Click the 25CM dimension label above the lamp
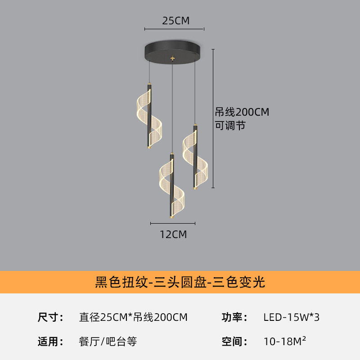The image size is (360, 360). point(176,21)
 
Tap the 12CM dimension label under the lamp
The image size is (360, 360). point(173,234)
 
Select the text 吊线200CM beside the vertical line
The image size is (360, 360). point(242,112)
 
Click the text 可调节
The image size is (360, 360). point(230,126)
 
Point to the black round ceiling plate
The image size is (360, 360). point(172,52)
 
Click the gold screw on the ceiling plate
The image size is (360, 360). point(172,58)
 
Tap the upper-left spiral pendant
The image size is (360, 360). point(149,117)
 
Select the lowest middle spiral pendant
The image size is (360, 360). point(172,186)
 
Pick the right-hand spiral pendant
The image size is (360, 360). point(195,157)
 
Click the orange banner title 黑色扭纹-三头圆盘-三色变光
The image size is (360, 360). point(180,282)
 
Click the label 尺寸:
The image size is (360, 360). point(50,317)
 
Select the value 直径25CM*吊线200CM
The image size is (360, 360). point(133,317)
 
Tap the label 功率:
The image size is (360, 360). point(234,317)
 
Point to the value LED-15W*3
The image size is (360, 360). point(291,317)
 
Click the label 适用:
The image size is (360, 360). point(50,342)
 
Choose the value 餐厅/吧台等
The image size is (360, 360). point(108,342)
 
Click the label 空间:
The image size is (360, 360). point(234,342)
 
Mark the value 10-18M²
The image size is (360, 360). point(285,341)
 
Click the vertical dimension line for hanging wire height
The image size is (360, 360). point(213,118)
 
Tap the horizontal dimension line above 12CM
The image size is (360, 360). point(173,223)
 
